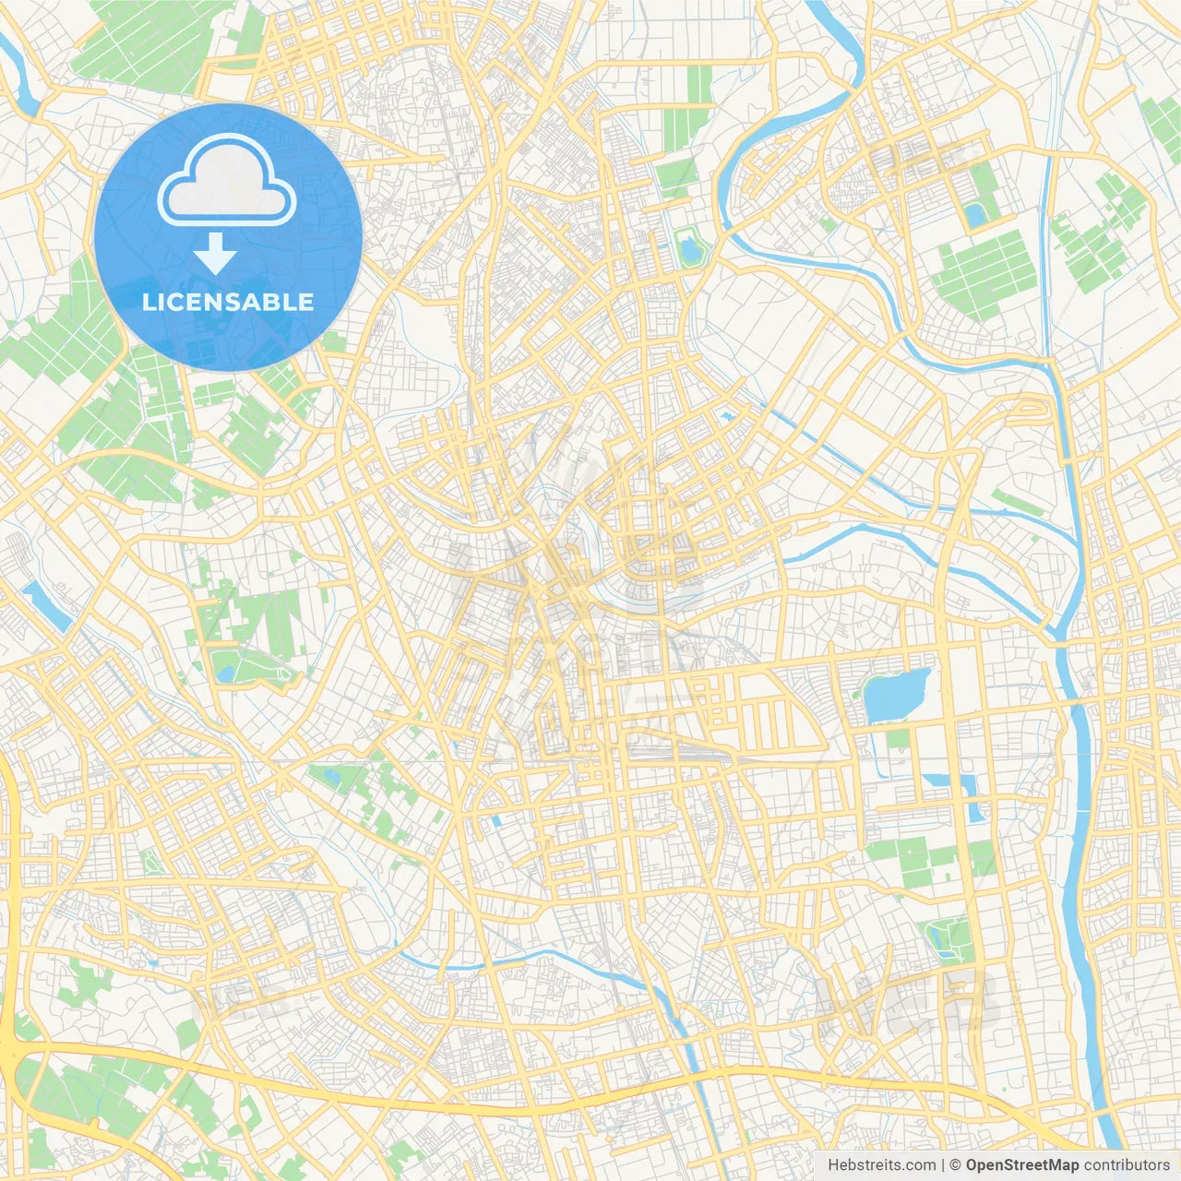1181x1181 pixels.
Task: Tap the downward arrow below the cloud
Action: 215,254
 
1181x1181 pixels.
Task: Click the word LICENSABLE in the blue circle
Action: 227,302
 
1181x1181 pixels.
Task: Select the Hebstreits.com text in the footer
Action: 881,1165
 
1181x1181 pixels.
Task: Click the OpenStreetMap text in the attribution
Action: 1021,1165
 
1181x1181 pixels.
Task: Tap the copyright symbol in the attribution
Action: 956,1165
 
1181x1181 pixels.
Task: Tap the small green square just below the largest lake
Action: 898,738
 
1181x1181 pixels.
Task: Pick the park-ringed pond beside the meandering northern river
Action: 688,248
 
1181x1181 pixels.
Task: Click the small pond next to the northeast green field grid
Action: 974,215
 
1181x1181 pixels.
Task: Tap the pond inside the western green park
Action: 224,673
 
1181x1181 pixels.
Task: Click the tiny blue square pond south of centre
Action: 496,819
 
